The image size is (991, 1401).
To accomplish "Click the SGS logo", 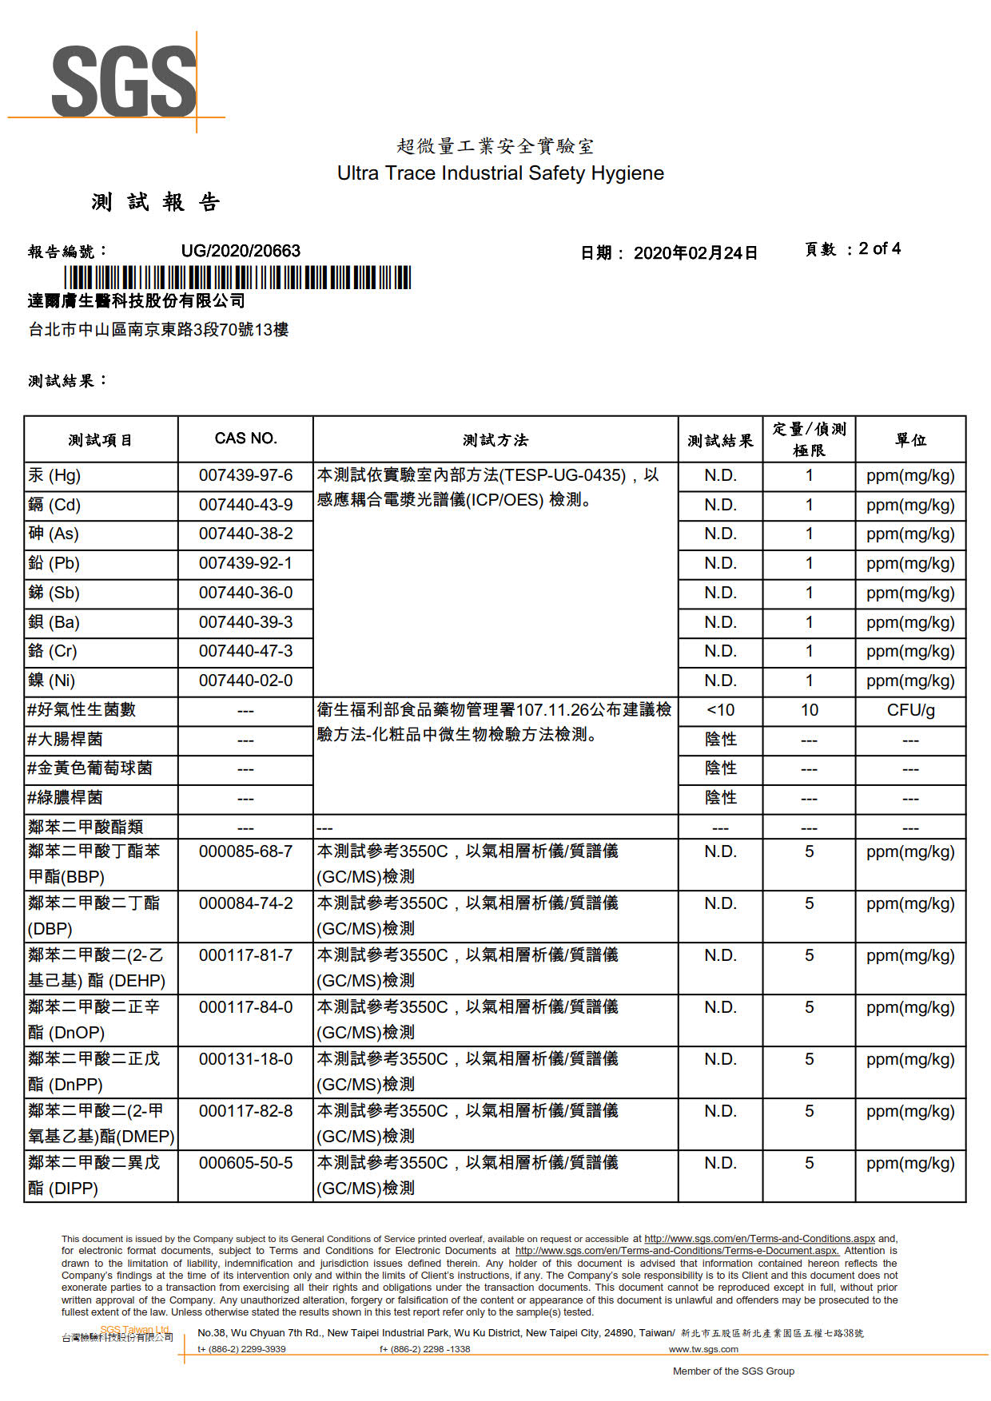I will click(x=124, y=81).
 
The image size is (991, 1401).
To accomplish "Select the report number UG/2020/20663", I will click(x=241, y=251).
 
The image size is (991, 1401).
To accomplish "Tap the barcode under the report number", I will click(x=237, y=277).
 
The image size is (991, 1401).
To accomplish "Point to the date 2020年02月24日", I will click(x=695, y=253).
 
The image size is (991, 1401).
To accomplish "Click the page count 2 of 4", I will click(x=879, y=248).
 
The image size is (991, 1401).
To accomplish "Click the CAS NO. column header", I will click(x=245, y=439).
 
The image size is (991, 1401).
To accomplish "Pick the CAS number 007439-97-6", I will click(x=245, y=475).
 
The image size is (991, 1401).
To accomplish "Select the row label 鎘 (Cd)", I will click(x=54, y=505).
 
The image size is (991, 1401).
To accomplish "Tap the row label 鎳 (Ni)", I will click(x=52, y=681).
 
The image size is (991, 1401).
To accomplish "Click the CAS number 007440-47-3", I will click(x=245, y=651).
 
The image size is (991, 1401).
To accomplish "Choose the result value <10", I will click(x=720, y=710).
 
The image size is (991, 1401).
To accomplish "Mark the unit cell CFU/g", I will click(x=910, y=710).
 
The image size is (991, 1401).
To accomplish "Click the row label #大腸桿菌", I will click(x=65, y=739).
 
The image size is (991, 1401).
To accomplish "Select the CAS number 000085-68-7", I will click(x=245, y=851).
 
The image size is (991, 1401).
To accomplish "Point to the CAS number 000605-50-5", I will click(x=245, y=1163).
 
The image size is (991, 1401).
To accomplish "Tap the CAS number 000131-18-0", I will click(x=245, y=1059).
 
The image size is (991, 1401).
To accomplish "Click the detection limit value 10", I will click(x=809, y=710).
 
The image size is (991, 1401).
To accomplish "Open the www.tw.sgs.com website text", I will click(x=703, y=1349).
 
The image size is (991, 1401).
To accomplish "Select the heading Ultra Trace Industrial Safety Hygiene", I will click(x=500, y=173).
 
